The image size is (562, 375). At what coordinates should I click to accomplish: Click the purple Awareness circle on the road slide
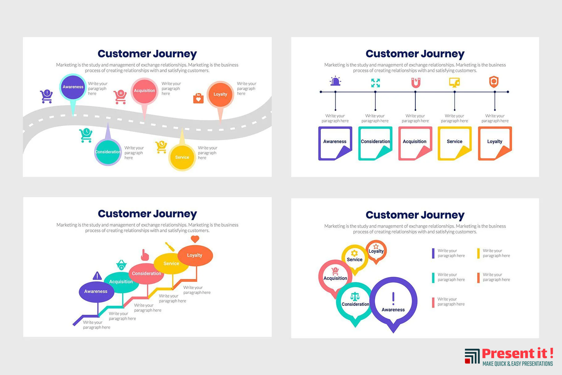[73, 87]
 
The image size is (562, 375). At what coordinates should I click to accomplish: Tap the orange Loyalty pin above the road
[220, 95]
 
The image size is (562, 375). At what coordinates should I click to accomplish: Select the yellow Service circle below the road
[182, 158]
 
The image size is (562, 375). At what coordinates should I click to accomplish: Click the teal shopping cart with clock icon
[86, 135]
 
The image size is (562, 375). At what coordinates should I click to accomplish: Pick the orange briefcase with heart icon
[198, 98]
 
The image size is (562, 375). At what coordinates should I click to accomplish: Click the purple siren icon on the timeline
[335, 81]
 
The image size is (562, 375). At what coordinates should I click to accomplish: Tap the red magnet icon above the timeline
[415, 82]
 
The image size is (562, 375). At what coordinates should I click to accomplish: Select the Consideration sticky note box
[375, 143]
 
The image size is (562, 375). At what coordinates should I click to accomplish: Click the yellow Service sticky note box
[455, 143]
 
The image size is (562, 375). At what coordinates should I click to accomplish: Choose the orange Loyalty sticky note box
[495, 143]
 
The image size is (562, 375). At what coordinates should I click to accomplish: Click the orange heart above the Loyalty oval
[195, 239]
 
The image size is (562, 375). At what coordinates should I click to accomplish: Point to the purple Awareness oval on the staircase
[96, 292]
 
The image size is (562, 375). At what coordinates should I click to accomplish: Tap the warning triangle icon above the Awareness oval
[97, 275]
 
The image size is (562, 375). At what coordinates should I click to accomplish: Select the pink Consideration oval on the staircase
[146, 273]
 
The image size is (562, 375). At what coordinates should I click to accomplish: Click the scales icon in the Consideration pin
[355, 296]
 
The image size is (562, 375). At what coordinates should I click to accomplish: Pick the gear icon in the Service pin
[354, 253]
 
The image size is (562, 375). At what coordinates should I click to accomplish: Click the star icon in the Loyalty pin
[376, 246]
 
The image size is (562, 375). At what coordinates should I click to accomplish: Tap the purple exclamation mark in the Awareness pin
[393, 298]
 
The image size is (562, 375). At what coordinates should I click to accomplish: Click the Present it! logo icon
[472, 356]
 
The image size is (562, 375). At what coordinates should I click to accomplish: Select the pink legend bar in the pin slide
[433, 303]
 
